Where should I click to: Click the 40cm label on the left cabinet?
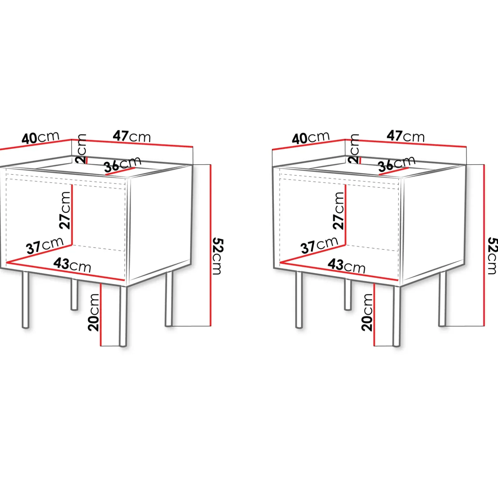tap(40, 138)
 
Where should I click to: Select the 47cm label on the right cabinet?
tap(405, 136)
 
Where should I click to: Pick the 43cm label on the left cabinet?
tap(72, 265)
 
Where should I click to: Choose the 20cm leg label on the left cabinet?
tap(94, 312)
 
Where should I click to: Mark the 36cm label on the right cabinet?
tap(396, 164)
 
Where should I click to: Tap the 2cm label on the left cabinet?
tap(81, 149)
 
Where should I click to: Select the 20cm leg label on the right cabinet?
tap(367, 312)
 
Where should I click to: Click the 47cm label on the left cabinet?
tap(132, 136)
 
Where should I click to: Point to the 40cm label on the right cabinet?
tap(311, 138)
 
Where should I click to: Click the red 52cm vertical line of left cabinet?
tap(211, 245)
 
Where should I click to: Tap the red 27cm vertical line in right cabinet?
tap(346, 215)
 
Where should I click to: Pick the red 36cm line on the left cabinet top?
tap(120, 171)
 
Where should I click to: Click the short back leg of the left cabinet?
tap(74, 294)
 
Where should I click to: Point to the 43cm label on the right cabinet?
tap(347, 266)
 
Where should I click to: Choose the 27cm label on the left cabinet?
tap(65, 210)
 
